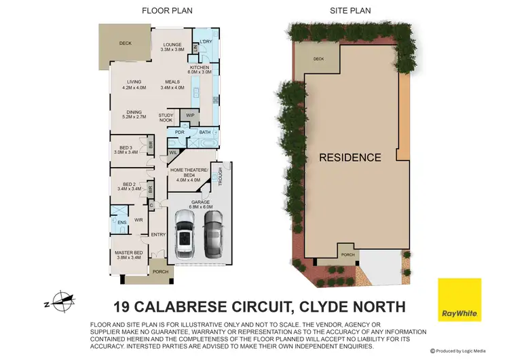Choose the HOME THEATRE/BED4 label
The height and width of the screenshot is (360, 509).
pyautogui.click(x=183, y=173)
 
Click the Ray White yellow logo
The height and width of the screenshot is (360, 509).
pyautogui.click(x=459, y=299)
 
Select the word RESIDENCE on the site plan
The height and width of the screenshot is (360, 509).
pyautogui.click(x=350, y=158)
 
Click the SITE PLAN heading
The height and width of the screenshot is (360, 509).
pyautogui.click(x=350, y=12)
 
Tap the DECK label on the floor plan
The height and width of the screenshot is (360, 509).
pyautogui.click(x=125, y=43)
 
